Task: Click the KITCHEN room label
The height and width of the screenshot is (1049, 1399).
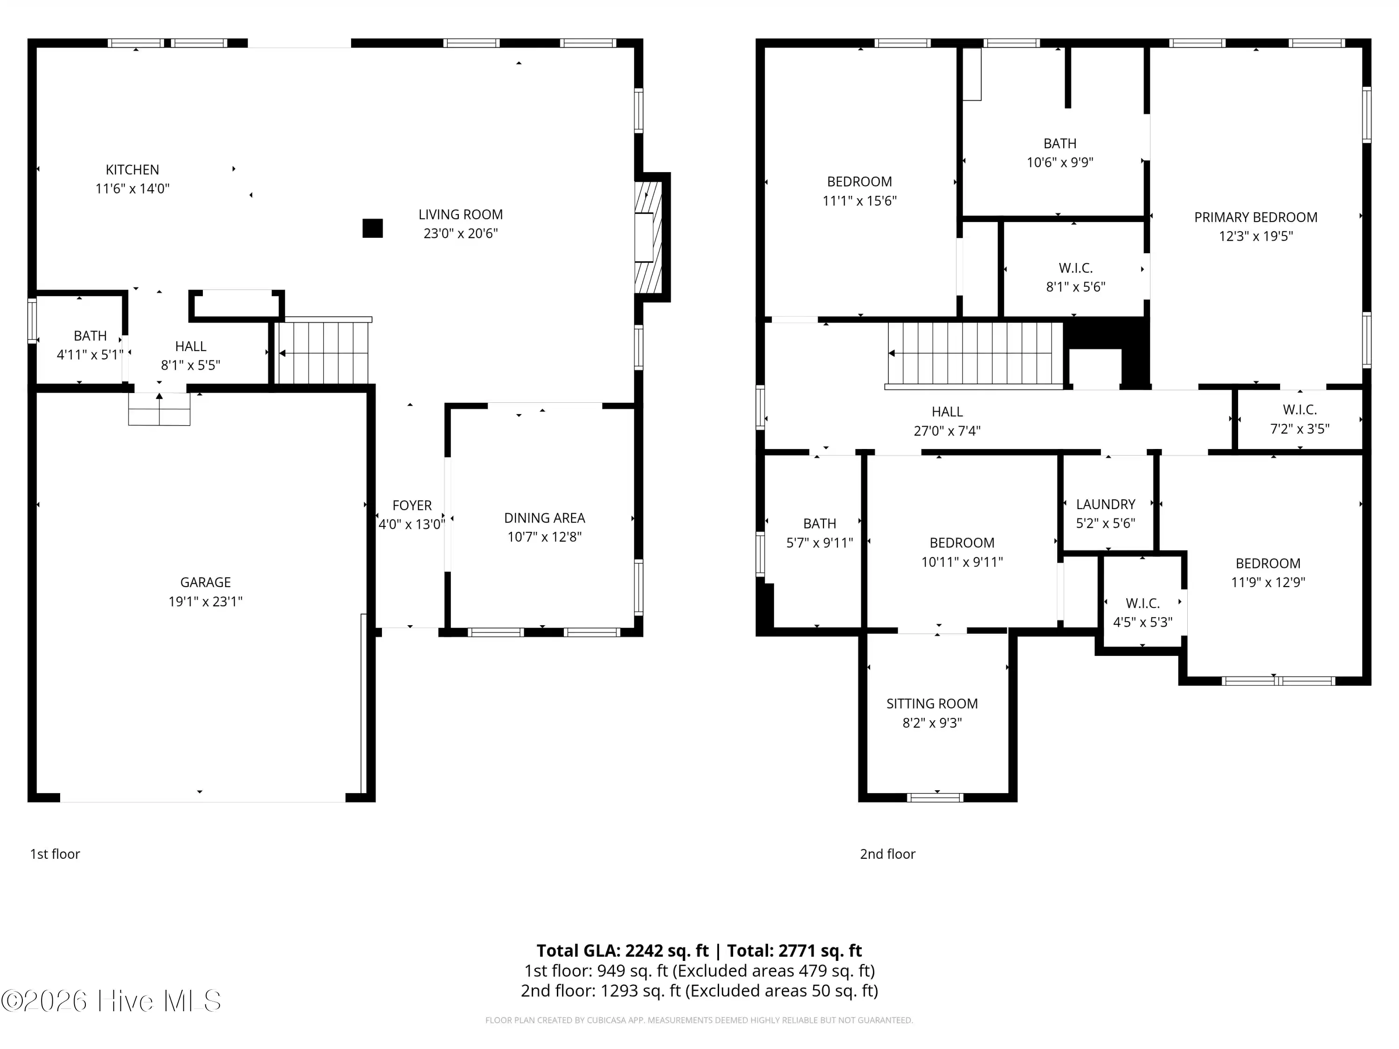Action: tap(132, 169)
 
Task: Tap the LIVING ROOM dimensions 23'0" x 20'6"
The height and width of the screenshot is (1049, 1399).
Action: tap(460, 233)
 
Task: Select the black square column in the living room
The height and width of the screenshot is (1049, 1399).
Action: tap(373, 228)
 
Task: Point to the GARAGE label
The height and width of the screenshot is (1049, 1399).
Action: tap(206, 582)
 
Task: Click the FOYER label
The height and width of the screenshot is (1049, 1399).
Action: tap(412, 505)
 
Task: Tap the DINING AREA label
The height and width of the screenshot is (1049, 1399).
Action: tap(545, 518)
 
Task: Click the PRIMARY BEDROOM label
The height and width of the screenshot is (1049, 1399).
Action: tap(1255, 218)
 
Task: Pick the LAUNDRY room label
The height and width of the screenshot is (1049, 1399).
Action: tap(1106, 504)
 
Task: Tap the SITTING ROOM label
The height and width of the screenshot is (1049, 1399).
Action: tap(932, 704)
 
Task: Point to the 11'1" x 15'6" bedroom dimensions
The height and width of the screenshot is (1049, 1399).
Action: tap(859, 201)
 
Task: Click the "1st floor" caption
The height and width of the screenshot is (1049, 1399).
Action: tap(55, 854)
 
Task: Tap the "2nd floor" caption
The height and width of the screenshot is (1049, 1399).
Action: tap(887, 854)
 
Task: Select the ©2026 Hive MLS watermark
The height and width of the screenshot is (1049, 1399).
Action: tap(111, 1001)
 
